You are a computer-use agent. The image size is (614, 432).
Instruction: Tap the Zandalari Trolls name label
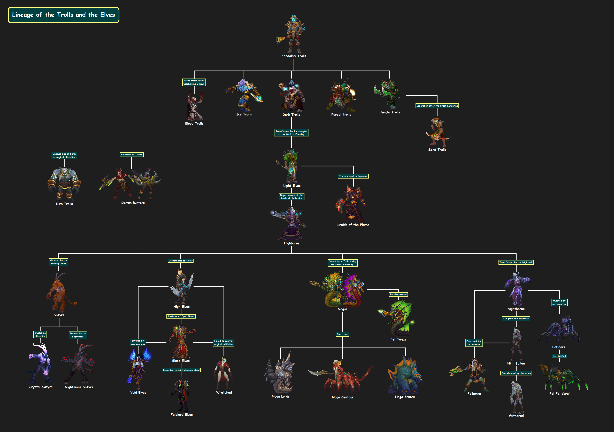pos(294,56)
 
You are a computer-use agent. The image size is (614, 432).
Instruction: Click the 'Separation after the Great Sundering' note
pos(437,106)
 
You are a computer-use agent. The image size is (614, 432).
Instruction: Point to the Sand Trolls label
pos(437,150)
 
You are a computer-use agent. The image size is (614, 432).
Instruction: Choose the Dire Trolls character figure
pos(64,184)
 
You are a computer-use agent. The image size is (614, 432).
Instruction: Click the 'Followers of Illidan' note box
pos(132,155)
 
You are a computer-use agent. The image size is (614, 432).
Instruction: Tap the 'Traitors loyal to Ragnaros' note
pos(353,176)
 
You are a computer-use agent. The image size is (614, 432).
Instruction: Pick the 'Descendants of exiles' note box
pos(181,261)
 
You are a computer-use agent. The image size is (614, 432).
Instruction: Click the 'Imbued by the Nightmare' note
pos(78,335)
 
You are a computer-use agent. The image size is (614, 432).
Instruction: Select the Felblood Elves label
pos(182,415)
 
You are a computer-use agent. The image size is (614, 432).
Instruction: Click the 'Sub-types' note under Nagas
pos(343,334)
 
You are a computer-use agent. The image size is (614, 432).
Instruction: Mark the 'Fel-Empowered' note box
pos(398,295)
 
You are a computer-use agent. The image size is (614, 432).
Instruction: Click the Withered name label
pos(516,416)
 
